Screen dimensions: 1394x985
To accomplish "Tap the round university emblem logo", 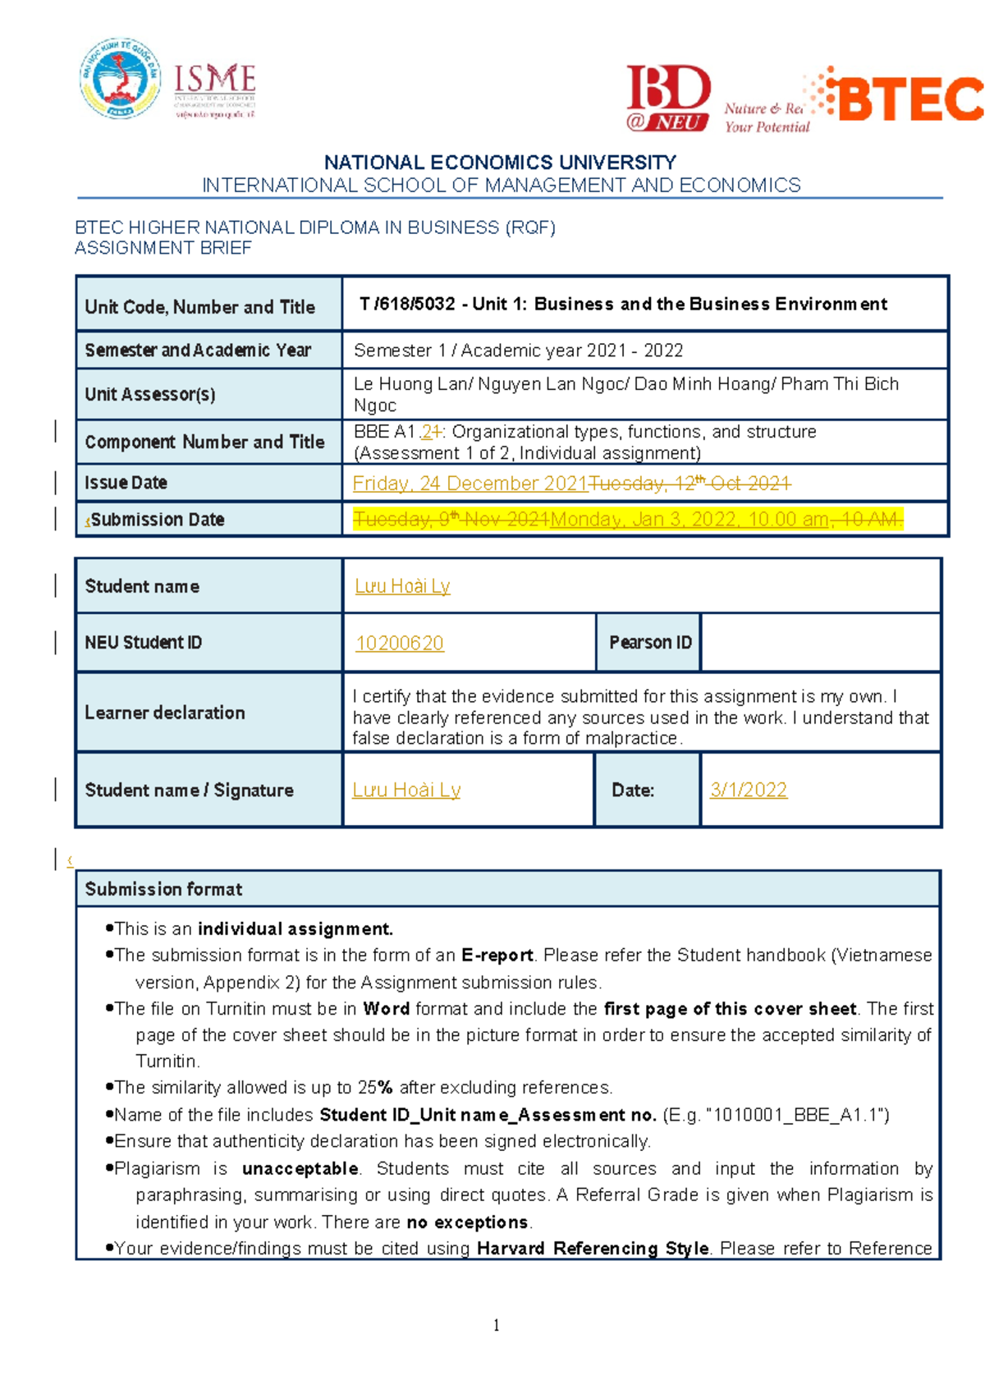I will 120,79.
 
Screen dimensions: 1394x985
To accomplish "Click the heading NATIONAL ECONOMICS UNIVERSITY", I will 500,163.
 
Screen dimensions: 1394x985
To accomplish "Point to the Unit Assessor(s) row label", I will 150,394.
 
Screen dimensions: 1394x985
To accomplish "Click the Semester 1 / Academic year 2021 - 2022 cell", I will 518,351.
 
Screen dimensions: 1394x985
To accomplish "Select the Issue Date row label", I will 126,483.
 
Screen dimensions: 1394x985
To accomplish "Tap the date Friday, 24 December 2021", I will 470,484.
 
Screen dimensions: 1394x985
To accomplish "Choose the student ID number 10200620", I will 399,643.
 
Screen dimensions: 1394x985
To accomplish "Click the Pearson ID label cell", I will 650,642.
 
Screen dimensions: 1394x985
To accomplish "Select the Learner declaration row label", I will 164,713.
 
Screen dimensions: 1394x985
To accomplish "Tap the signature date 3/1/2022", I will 748,790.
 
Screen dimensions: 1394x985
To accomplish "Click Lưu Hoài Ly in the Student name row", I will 402,586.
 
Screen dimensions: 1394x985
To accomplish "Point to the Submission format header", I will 163,889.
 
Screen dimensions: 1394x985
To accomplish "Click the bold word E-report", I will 497,956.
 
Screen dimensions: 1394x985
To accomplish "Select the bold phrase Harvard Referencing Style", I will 593,1249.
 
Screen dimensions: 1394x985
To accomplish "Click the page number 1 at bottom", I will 496,1325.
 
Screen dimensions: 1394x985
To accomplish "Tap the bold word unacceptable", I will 300,1169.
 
